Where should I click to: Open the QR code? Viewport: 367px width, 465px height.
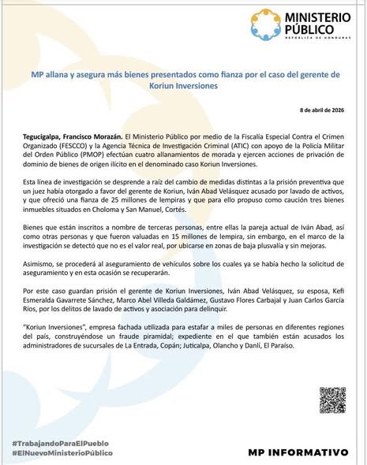tap(332, 401)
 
